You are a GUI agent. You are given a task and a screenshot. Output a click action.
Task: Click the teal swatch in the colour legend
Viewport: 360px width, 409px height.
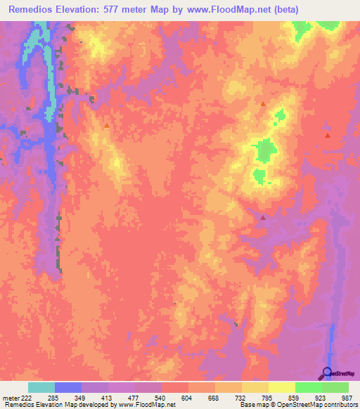(41, 387)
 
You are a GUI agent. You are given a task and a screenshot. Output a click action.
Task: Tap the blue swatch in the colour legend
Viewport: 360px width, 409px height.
(68, 387)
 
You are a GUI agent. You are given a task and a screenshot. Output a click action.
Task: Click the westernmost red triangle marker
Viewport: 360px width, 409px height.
(106, 125)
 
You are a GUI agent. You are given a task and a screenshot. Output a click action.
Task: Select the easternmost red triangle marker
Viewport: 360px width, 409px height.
(328, 134)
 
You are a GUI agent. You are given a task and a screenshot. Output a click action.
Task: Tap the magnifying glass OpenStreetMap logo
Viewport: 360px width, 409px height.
(327, 373)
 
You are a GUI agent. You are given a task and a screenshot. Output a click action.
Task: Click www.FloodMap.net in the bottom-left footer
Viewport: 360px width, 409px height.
(146, 405)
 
